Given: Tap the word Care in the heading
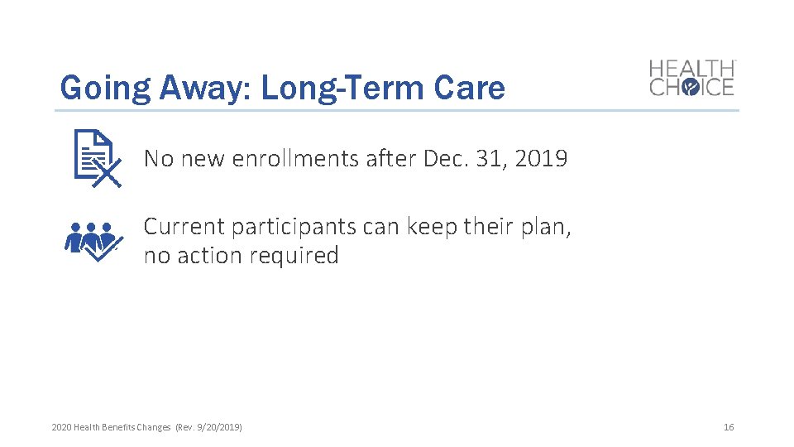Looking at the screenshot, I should click(x=473, y=88).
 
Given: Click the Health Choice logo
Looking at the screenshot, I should click(x=691, y=78).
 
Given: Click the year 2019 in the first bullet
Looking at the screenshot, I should click(x=541, y=158).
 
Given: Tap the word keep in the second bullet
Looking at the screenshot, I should click(x=432, y=226).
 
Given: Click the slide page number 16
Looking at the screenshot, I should click(x=728, y=427).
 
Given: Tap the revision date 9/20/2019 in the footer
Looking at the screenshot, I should click(x=218, y=427).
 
